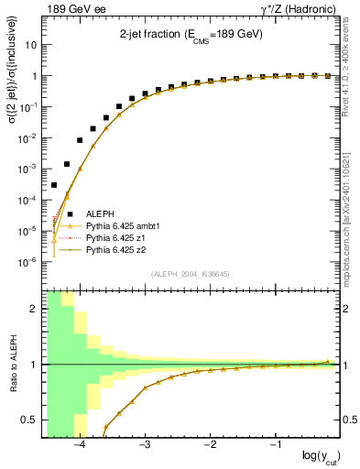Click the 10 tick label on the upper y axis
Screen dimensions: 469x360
(32, 45)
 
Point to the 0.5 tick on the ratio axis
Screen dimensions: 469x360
(30, 420)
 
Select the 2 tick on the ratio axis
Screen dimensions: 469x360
(34, 309)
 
